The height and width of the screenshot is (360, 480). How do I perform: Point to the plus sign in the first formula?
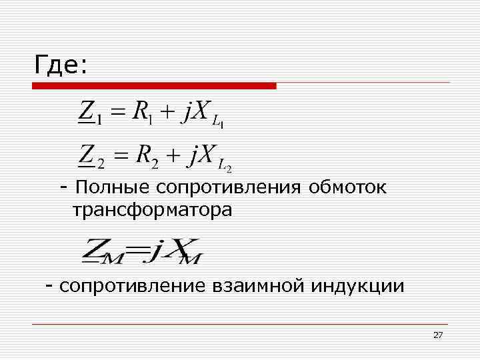(x=167, y=112)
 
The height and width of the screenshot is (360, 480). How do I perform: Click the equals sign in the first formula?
(x=117, y=113)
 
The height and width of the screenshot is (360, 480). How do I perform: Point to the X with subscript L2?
(x=215, y=158)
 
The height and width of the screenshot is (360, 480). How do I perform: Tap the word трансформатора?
(x=153, y=211)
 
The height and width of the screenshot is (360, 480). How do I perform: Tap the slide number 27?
(x=438, y=335)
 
